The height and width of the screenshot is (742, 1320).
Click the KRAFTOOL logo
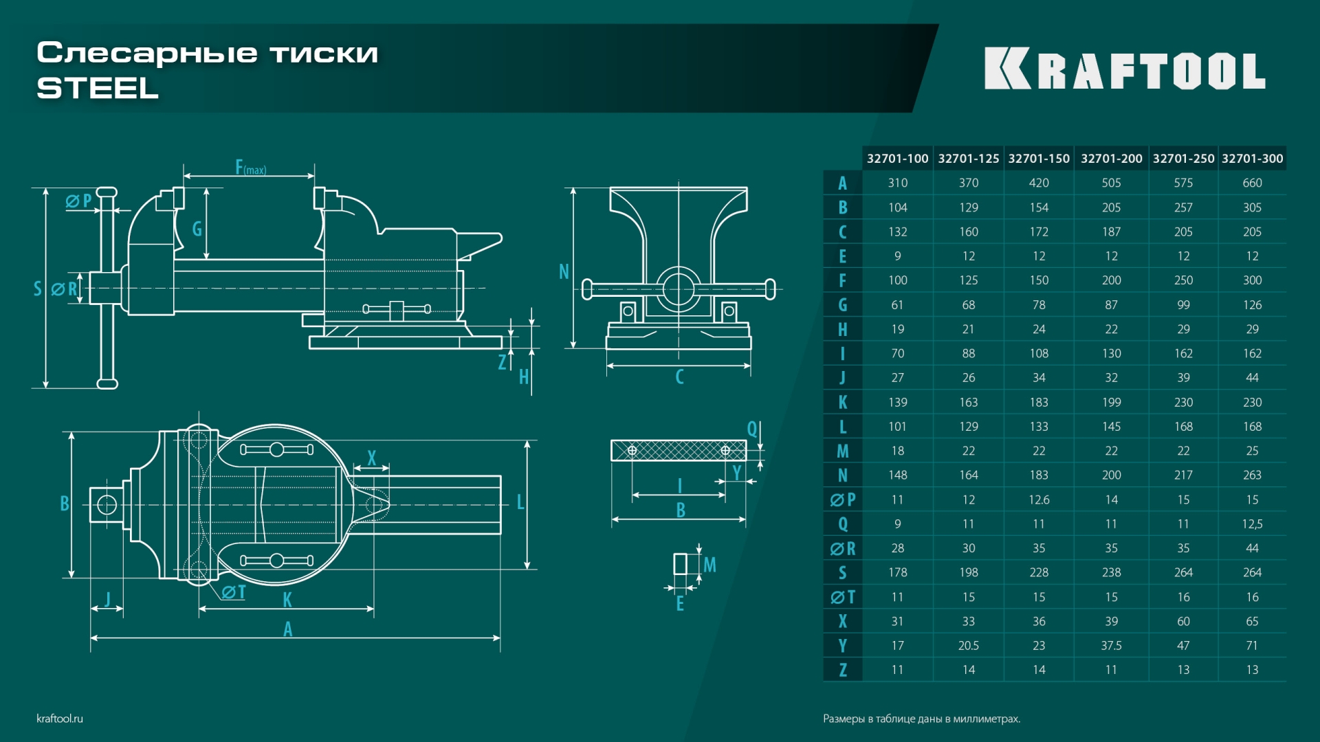1125,69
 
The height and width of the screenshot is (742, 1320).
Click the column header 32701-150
1039,159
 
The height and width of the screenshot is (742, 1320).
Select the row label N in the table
842,475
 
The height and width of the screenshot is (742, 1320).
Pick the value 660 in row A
1252,183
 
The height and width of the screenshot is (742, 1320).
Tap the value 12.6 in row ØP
1039,499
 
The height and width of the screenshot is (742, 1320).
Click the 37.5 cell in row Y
1111,646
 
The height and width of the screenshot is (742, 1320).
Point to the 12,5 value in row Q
1252,524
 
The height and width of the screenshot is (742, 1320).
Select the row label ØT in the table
842,597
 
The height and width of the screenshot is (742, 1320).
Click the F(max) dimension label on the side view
250,167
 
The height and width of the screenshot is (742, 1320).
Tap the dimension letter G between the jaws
197,229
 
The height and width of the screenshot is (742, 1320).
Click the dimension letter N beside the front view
564,272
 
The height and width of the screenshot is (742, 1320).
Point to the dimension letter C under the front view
679,376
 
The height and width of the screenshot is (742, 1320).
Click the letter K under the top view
287,600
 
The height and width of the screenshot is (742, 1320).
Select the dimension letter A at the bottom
287,629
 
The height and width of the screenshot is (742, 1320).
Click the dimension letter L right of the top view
520,502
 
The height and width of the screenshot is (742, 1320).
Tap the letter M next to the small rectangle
709,565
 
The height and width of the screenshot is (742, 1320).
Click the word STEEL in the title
98,88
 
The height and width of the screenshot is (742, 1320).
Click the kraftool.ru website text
60,719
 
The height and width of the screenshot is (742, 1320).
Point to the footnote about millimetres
921,719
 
